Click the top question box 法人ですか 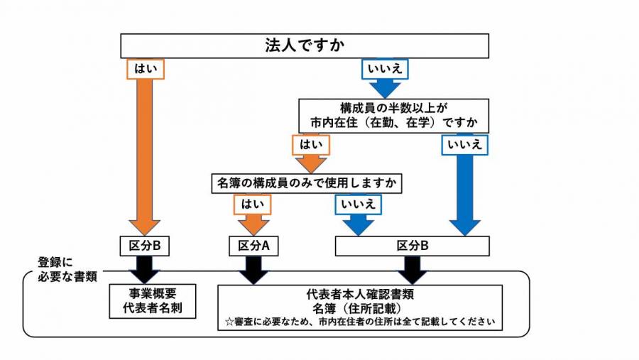click(305, 46)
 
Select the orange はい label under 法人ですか click(146, 69)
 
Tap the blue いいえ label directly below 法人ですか click(386, 69)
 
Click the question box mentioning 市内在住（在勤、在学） click(393, 115)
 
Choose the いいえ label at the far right click(465, 144)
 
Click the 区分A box click(253, 246)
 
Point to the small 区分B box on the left click(146, 246)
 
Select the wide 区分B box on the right click(412, 246)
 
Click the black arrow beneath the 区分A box click(253, 269)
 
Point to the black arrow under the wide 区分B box click(412, 269)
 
